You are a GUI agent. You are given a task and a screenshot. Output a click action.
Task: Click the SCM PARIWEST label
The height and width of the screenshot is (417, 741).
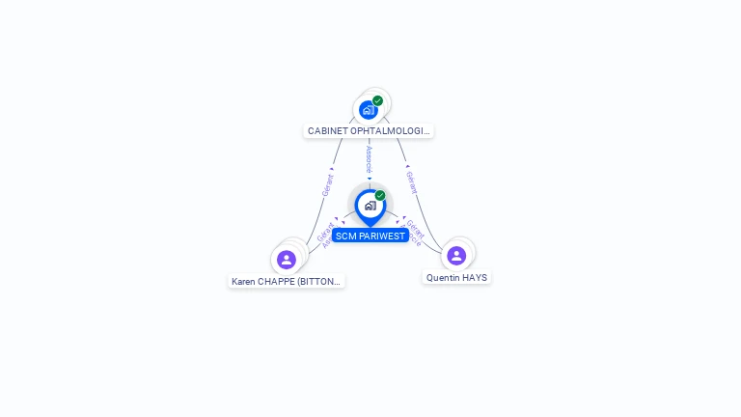[x=370, y=236]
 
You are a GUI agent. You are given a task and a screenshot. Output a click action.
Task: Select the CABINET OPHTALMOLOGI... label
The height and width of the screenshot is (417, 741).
[x=369, y=130]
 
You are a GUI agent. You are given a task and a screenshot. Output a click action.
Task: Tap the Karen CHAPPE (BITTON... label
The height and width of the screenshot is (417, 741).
[x=286, y=282]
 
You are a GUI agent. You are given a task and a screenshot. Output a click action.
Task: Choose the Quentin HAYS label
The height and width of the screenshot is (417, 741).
[x=456, y=277]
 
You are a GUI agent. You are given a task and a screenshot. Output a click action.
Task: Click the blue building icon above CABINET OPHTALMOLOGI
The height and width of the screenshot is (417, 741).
[x=368, y=110]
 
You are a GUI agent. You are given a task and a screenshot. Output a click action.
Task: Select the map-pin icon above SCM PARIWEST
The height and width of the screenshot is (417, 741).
[x=370, y=206]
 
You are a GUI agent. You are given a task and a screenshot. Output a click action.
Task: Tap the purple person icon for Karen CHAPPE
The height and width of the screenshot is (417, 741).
[x=286, y=259]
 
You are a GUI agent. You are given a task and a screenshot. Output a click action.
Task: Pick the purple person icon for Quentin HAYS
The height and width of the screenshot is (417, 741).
[x=456, y=255]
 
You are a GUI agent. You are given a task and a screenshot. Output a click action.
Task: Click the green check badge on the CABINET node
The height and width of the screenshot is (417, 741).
[x=377, y=100]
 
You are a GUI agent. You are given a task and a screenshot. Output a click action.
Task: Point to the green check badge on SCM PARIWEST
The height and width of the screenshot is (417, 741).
[x=380, y=195]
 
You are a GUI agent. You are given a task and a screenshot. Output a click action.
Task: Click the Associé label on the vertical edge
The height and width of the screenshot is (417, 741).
[x=370, y=160]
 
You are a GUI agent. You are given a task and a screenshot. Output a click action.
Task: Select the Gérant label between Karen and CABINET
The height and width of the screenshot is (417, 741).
[x=328, y=184]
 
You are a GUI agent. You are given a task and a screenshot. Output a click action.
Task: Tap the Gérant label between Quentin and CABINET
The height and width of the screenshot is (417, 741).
[x=411, y=182]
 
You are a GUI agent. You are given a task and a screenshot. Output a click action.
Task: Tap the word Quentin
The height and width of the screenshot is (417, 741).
[x=443, y=277]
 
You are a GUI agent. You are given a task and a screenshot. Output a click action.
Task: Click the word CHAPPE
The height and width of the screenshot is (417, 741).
[x=279, y=282]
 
